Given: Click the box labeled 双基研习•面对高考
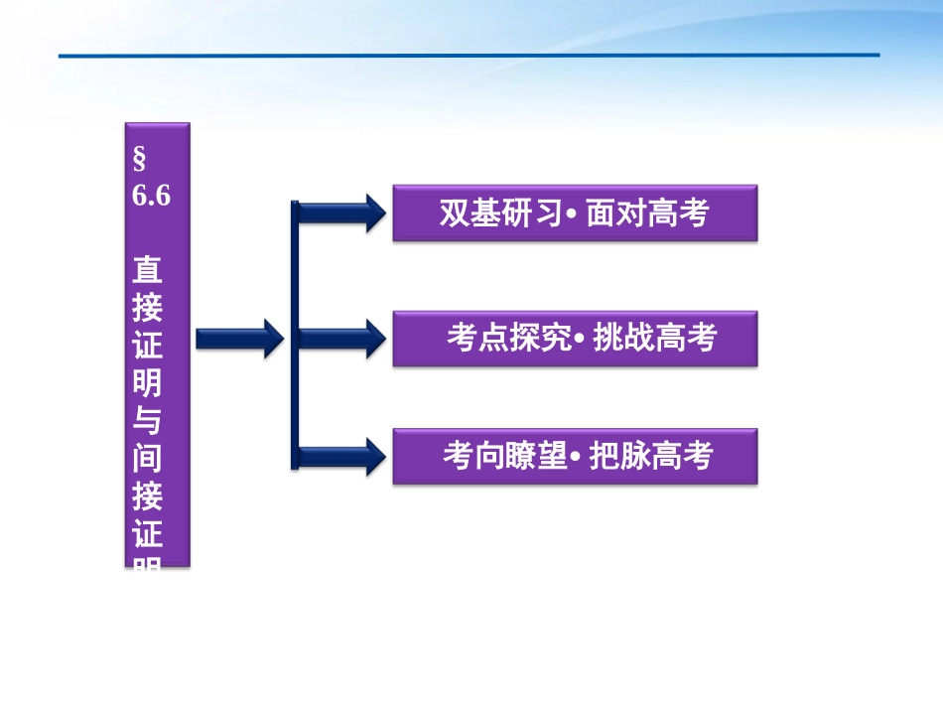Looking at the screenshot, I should (x=575, y=212).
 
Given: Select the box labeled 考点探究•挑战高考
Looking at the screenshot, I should (x=575, y=339).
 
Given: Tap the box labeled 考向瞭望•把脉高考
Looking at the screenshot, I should (x=575, y=456).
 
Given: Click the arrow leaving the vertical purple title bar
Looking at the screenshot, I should (x=239, y=339).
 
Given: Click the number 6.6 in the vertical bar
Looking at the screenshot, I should (x=151, y=196).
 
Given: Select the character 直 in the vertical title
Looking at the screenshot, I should (x=147, y=270).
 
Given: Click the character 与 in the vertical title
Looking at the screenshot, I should (x=147, y=420).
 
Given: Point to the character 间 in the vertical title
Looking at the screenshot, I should (x=147, y=458).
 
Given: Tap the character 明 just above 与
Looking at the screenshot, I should (x=147, y=383).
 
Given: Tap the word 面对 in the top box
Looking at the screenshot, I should (x=616, y=212).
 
